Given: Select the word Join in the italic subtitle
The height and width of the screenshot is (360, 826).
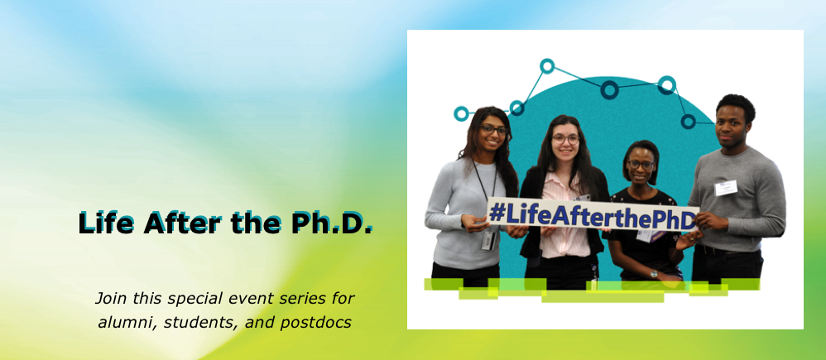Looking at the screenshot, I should pos(111,296).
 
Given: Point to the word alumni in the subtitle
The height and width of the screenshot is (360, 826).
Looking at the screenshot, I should pos(124,322).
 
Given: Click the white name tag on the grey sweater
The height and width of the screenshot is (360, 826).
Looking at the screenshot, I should pos(725,188).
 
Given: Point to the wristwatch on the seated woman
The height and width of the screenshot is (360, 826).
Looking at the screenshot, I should pos(653,273).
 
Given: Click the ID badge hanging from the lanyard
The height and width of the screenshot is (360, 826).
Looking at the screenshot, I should pos(488,239).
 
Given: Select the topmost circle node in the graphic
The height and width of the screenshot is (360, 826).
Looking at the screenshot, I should pos(547,65).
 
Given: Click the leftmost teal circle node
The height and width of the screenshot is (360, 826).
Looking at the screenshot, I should pos(461,113).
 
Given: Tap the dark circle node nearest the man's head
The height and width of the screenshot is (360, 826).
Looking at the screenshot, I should pos(688,121).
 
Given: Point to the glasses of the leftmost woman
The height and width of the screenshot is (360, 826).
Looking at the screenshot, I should pos(493,130).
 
